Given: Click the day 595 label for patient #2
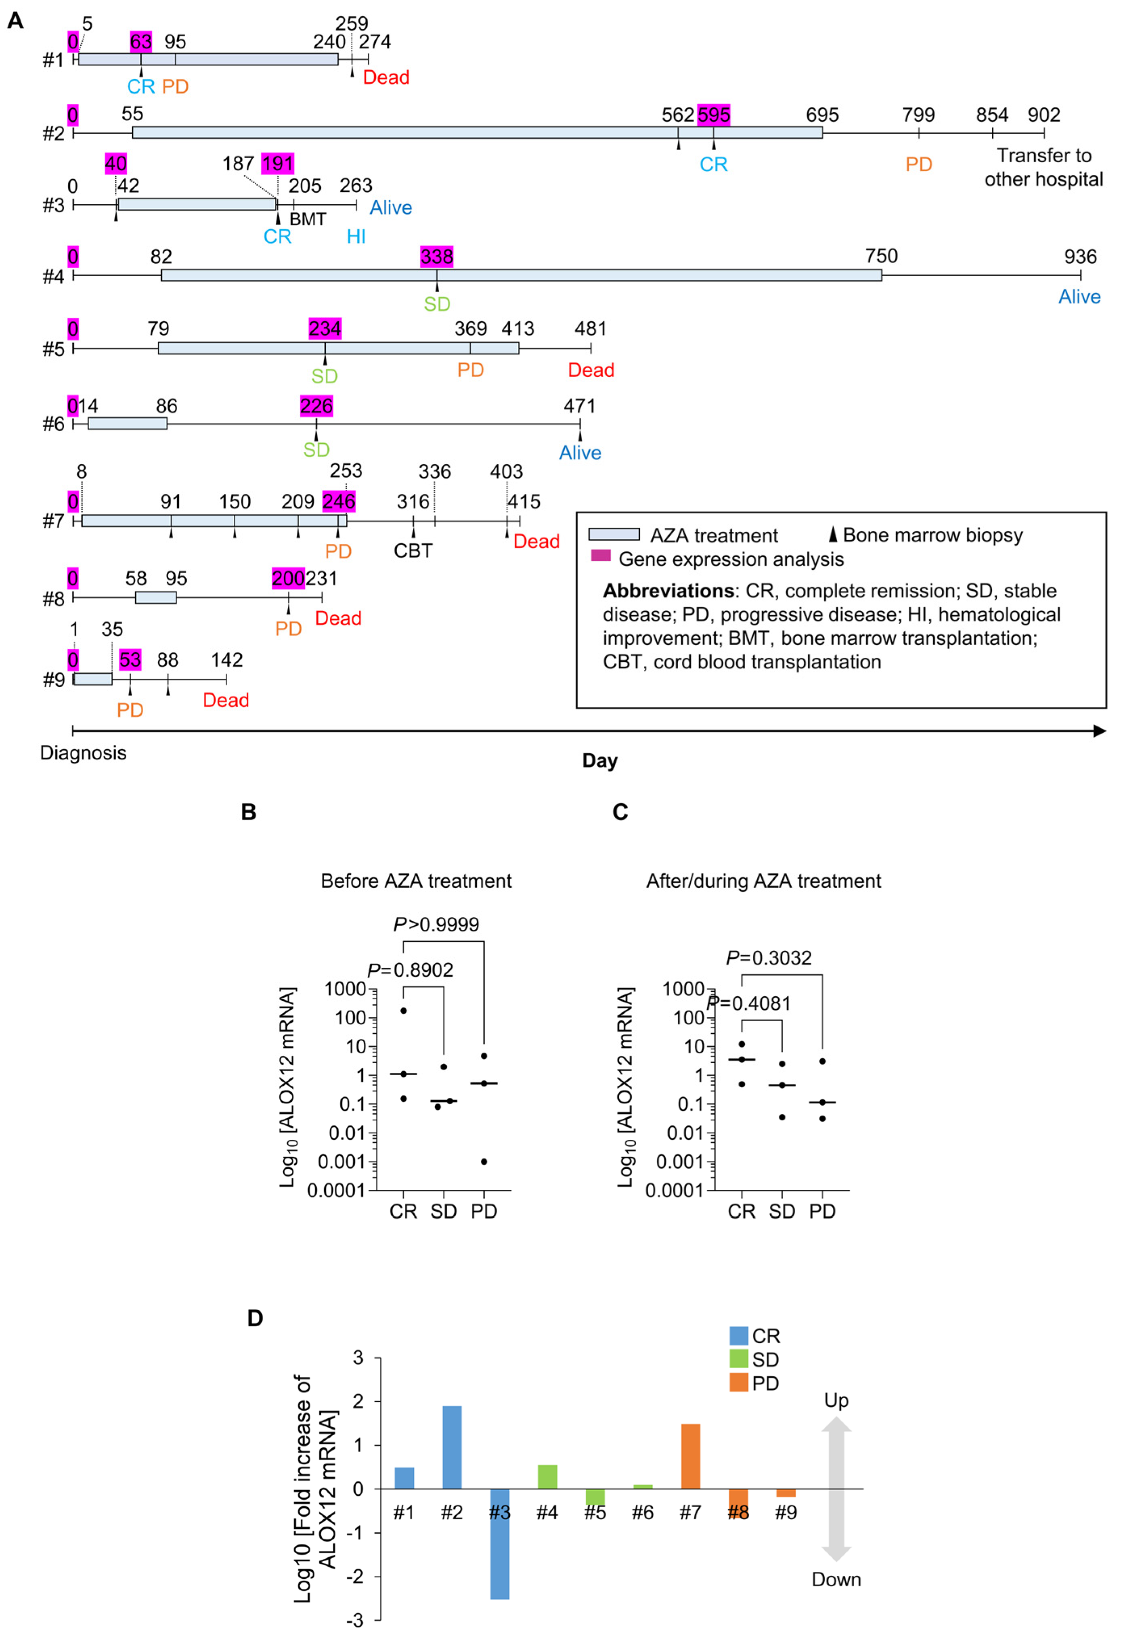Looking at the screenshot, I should point(713,115).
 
